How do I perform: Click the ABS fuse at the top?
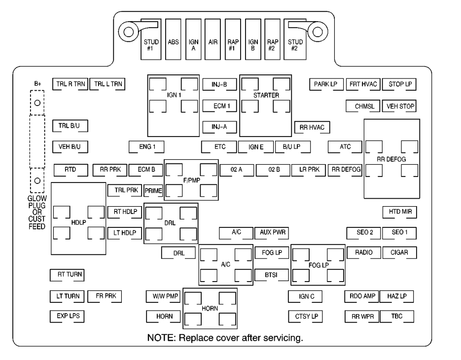[173, 39]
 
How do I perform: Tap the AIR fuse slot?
[213, 39]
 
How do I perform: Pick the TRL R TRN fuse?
[71, 84]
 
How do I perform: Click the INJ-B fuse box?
[219, 85]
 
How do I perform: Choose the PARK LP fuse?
[326, 84]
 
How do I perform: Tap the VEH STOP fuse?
[399, 106]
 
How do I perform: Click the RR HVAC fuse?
[312, 127]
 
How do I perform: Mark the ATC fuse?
[345, 147]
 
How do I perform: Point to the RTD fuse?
[71, 170]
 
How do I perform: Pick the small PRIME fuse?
[153, 190]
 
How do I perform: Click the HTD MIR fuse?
[399, 212]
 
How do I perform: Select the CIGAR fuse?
[399, 252]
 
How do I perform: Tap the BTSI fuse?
[271, 275]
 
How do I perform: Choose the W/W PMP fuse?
[163, 296]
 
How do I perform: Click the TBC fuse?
[397, 317]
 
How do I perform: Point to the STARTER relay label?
[266, 95]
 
